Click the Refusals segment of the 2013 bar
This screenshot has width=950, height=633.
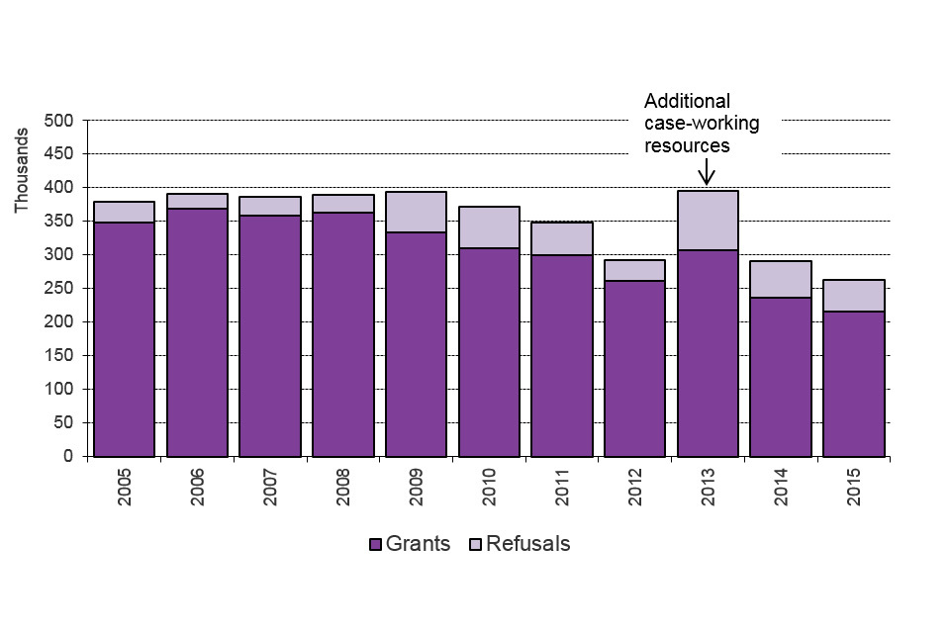tap(708, 221)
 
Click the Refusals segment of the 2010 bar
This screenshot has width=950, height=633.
tap(489, 227)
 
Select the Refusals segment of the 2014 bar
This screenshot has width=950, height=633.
tap(780, 279)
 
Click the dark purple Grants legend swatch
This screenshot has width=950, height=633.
tap(375, 544)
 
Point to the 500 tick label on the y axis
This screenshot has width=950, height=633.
tap(59, 121)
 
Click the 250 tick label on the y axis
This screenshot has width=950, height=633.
tap(59, 289)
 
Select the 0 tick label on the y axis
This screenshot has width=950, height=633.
tap(68, 457)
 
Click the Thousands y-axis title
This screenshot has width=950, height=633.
tap(22, 182)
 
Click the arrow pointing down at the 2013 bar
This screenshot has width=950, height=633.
tap(707, 171)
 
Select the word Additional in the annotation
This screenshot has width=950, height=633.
tap(687, 101)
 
